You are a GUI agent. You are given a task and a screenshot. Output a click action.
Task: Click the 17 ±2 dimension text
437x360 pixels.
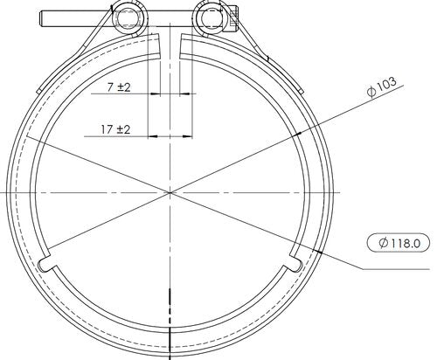[x=114, y=129]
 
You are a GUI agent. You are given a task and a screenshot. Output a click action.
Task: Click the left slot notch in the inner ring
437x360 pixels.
[x=45, y=263]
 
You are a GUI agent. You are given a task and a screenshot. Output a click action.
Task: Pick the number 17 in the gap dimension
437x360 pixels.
[x=106, y=129]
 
